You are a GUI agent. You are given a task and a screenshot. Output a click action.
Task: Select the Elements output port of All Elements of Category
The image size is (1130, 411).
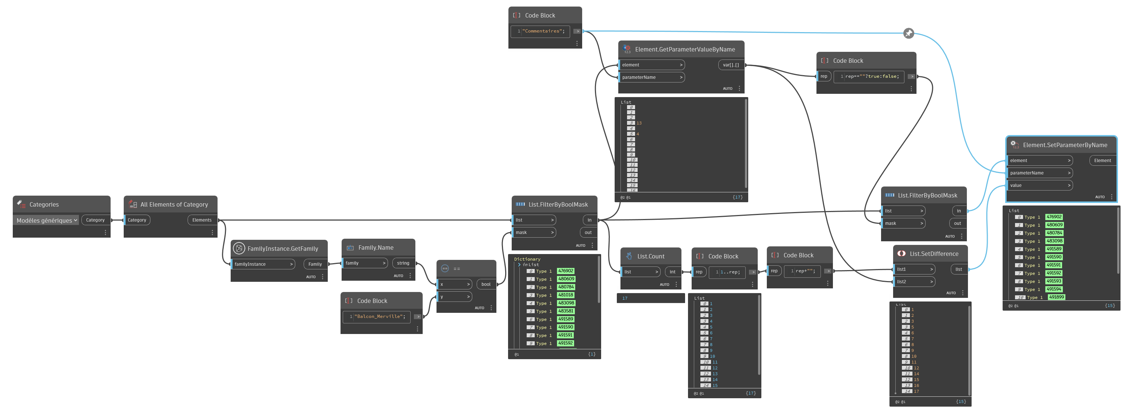click(202, 220)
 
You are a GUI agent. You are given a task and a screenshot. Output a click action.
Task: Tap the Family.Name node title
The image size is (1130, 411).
click(376, 248)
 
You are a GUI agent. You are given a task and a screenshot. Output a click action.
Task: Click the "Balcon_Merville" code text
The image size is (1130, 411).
click(380, 316)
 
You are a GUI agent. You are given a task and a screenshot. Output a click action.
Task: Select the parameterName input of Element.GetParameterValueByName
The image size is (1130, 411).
click(652, 77)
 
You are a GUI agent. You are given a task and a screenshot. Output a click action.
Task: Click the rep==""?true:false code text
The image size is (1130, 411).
click(872, 76)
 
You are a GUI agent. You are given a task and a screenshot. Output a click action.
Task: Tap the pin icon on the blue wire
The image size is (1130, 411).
click(909, 33)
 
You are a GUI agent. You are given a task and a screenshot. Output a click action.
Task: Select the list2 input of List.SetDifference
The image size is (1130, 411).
click(914, 281)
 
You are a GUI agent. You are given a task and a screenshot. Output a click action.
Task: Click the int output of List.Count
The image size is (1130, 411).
click(672, 272)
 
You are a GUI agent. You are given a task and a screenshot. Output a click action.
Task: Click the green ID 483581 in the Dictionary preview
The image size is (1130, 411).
click(565, 311)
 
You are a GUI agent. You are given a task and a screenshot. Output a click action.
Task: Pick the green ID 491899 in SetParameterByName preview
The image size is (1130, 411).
click(1056, 297)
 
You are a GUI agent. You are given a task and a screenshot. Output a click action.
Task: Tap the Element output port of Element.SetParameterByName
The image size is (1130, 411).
click(1102, 161)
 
